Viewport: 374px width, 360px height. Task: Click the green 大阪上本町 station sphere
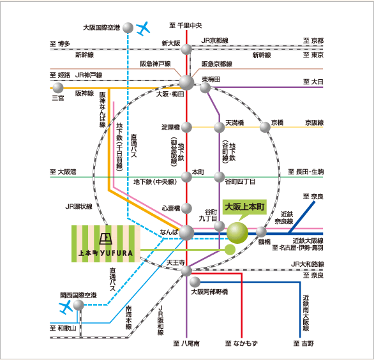coord(237,233)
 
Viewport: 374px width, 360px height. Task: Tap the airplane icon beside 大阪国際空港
coord(143,29)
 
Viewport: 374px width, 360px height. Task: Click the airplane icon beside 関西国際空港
coord(66,307)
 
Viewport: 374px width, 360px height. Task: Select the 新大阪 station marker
coord(186,50)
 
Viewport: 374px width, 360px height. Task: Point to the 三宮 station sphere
coord(58,88)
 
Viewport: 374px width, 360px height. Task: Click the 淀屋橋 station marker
coord(186,127)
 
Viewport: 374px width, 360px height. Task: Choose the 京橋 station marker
coord(265,127)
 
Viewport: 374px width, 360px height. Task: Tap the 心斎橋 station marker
coord(186,208)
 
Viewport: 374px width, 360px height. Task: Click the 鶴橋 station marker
coord(261,232)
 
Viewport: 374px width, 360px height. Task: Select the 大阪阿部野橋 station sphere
coord(195,282)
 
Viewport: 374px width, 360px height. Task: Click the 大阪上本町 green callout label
coord(244,207)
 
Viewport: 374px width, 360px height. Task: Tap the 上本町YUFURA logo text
coord(106,253)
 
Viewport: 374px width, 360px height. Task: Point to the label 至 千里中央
coord(186,26)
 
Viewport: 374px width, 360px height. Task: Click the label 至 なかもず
coord(241,343)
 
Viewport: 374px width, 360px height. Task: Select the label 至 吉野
coord(303,343)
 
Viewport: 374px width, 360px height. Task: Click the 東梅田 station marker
coord(205,88)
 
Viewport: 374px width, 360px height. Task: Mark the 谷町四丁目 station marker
coord(219,177)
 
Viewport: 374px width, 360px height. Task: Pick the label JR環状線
coord(79,206)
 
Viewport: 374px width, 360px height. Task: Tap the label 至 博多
coord(60,43)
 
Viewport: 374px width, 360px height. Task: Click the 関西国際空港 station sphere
coord(79,305)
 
